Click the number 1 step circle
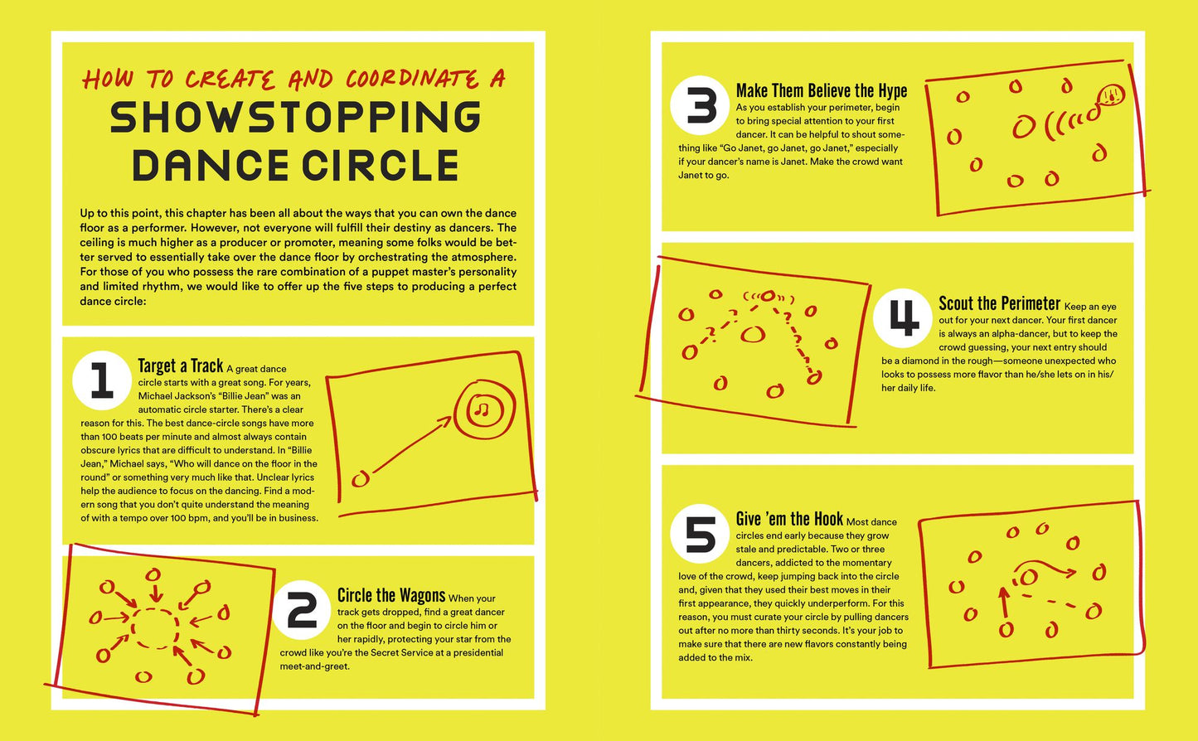point(102,380)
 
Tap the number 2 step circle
point(302,610)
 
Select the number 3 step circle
point(700,105)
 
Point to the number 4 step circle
point(903,318)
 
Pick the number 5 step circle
point(700,534)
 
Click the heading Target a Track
point(180,366)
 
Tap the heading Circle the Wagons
point(391,595)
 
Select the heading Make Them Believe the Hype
point(822,90)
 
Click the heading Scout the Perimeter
point(999,303)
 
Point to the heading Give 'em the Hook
point(789,519)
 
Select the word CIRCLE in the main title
point(381,165)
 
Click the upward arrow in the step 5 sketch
point(1004,603)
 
